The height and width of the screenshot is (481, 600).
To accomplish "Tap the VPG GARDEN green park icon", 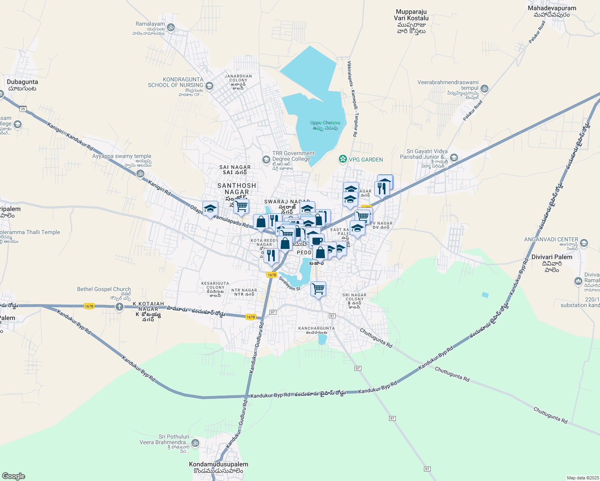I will coord(343,160).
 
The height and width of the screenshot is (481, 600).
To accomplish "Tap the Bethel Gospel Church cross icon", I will coord(119,307).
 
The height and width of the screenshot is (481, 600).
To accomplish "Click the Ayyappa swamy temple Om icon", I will coord(140,174).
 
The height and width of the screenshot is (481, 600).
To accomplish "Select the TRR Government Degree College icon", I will coord(266,160).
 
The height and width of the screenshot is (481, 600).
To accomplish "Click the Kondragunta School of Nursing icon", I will coord(209,86).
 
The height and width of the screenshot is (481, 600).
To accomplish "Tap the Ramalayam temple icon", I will coord(171,27).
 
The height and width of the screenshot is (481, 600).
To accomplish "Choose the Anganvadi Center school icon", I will coord(584,243).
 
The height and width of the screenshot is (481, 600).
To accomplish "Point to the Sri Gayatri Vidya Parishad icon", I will coord(454,158).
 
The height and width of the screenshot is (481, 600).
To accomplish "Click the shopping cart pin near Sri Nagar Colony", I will coord(318,289).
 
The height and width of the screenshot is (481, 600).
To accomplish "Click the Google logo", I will coord(14,476).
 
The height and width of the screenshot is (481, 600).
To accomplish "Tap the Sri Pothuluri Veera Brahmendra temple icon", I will coord(195,443).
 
